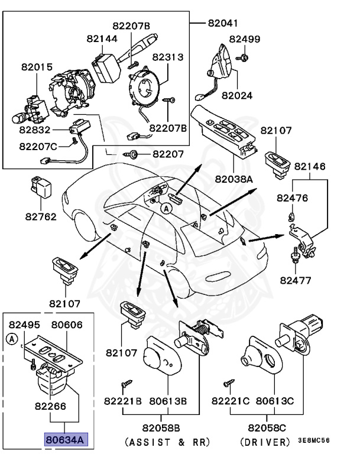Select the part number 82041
pyautogui.click(x=223, y=23)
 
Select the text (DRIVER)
pyautogui.click(x=266, y=442)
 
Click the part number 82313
pyautogui.click(x=168, y=57)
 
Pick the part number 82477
pyautogui.click(x=295, y=280)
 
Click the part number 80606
pyautogui.click(x=66, y=325)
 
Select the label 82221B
pyautogui.click(x=123, y=401)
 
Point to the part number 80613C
pyautogui.click(x=274, y=401)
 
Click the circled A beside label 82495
pyautogui.click(x=11, y=339)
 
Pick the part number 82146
pyautogui.click(x=310, y=167)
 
